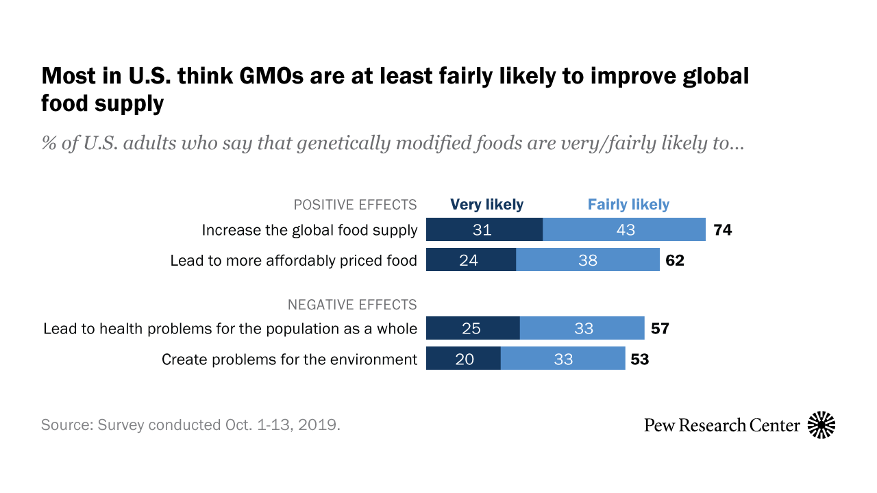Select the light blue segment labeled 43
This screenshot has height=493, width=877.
click(x=624, y=229)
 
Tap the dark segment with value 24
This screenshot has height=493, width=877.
click(x=471, y=260)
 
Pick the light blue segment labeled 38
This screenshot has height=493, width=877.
click(x=587, y=260)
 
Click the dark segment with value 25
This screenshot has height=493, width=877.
click(x=473, y=329)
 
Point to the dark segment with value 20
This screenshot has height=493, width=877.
click(x=463, y=359)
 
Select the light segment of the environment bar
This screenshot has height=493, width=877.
click(x=563, y=359)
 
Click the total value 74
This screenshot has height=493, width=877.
click(x=722, y=230)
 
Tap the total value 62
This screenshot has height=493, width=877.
click(x=675, y=260)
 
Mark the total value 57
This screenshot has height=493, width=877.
click(x=659, y=329)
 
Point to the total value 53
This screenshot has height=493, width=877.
click(x=639, y=359)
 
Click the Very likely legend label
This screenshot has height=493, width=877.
click(x=486, y=204)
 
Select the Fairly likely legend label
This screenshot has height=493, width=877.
click(x=628, y=204)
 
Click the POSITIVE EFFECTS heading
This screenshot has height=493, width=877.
click(x=355, y=205)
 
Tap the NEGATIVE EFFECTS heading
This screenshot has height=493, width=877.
click(x=352, y=304)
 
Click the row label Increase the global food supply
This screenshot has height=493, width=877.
click(x=309, y=230)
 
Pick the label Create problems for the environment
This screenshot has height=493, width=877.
click(x=289, y=359)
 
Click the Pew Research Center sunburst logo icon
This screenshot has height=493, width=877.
click(x=822, y=425)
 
